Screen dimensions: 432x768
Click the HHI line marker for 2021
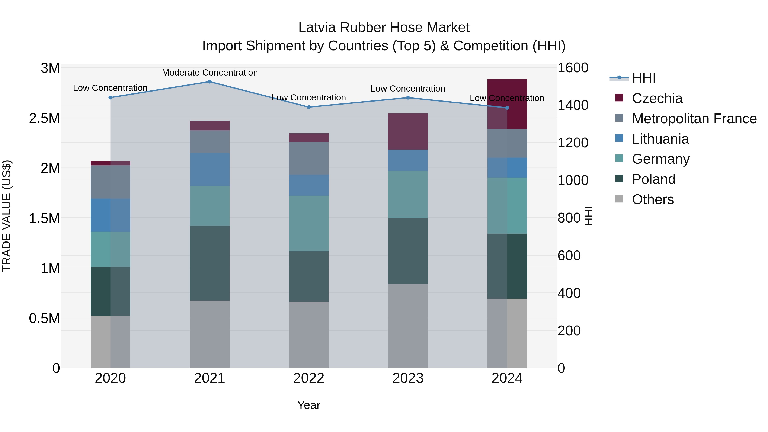[209, 82]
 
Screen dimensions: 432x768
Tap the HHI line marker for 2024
[507, 108]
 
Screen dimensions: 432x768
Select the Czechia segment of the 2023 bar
[408, 131]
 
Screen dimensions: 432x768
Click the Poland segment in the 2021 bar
[209, 263]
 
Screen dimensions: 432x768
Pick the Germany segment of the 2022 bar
[309, 223]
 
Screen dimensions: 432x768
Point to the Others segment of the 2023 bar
[408, 326]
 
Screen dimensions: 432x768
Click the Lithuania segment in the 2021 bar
[209, 170]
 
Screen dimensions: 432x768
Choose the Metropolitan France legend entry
[694, 119]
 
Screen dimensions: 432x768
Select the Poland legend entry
[653, 179]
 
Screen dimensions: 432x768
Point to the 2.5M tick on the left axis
[44, 118]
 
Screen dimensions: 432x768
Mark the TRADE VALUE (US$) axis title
[7, 216]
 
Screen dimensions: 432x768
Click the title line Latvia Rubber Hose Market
[384, 28]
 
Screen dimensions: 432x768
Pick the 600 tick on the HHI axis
[569, 256]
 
